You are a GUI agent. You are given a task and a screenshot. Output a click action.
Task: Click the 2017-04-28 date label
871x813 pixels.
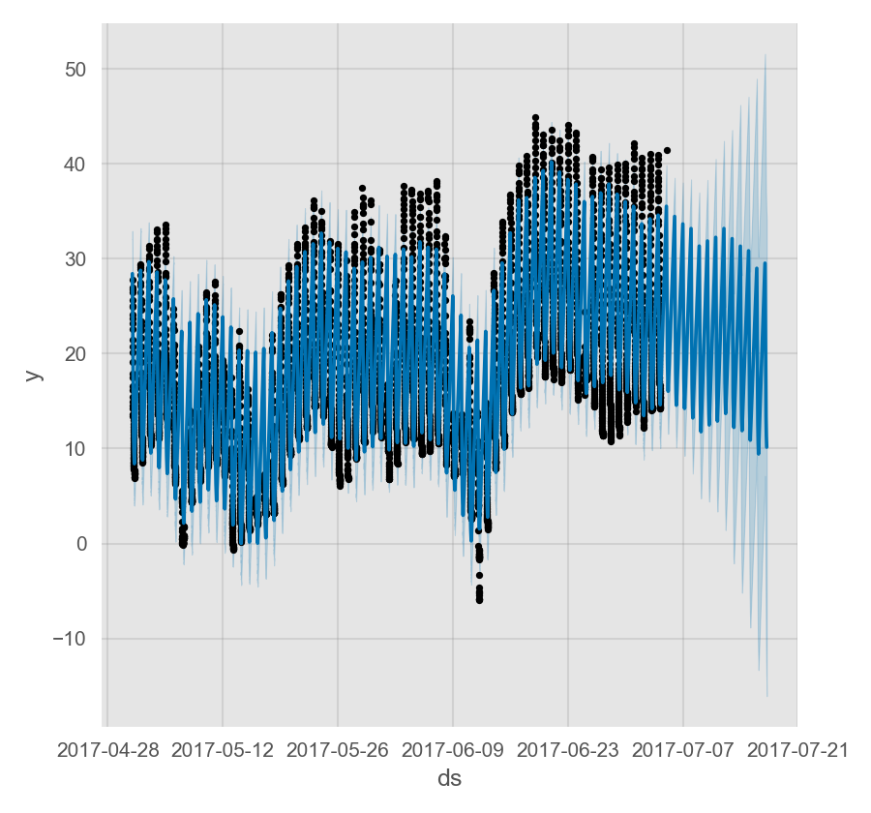(x=106, y=749)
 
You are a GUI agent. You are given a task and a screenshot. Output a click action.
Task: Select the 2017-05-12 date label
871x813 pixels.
(x=223, y=749)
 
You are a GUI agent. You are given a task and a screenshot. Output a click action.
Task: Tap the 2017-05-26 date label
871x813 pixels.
(x=338, y=749)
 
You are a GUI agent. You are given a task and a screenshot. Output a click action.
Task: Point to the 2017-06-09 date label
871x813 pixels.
(x=453, y=749)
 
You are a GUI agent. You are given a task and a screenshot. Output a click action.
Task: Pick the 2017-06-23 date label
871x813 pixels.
(x=568, y=749)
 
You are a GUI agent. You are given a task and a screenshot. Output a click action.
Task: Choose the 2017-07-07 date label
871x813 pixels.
(x=683, y=749)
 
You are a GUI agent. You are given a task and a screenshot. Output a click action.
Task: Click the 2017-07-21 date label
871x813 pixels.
(x=798, y=749)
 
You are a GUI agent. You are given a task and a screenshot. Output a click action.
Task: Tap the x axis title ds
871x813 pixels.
(x=449, y=778)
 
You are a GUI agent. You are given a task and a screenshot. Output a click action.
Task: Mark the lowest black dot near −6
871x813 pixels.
(x=479, y=600)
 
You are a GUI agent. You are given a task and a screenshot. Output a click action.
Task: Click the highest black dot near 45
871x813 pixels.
(x=535, y=118)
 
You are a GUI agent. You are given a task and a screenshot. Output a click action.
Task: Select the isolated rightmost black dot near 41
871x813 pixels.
(x=667, y=150)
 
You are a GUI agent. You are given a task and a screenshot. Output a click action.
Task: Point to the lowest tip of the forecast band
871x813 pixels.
(x=767, y=696)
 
